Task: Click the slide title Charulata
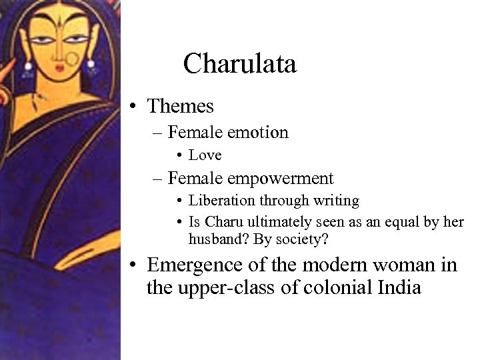(239, 64)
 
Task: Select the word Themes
(180, 106)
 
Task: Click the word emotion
(257, 133)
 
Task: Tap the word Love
(205, 155)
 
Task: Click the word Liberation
(217, 200)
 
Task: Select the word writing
(336, 200)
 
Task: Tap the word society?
(307, 237)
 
